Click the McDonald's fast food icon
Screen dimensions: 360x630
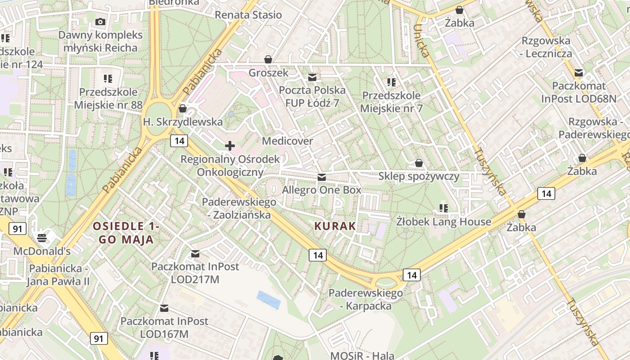coord(42,237)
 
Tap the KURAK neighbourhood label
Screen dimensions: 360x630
coord(335,226)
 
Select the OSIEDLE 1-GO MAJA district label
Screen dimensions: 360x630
coord(126,233)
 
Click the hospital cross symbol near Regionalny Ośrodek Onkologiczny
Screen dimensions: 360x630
coord(230,145)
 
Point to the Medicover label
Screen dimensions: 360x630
coord(287,141)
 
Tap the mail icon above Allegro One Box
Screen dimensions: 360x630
coord(321,177)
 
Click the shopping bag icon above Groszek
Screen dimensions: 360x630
coord(268,59)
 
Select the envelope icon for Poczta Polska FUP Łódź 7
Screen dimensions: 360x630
coord(311,77)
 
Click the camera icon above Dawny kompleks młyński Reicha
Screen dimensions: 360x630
coord(100,22)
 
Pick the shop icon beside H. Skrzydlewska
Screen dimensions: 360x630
coord(183,108)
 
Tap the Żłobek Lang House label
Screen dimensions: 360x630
coord(443,222)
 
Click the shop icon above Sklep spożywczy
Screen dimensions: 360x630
coord(419,163)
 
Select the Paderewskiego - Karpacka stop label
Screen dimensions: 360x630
coord(365,300)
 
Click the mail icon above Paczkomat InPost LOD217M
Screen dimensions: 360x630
coord(195,254)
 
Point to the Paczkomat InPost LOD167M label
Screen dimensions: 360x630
coord(164,328)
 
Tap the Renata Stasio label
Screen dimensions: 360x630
coord(248,15)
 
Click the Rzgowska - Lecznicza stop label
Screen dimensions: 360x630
coord(546,47)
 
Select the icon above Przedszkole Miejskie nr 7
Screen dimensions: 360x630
coord(391,82)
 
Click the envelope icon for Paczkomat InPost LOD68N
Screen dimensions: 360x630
coord(579,73)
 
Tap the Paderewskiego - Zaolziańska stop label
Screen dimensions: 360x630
coord(238,208)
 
